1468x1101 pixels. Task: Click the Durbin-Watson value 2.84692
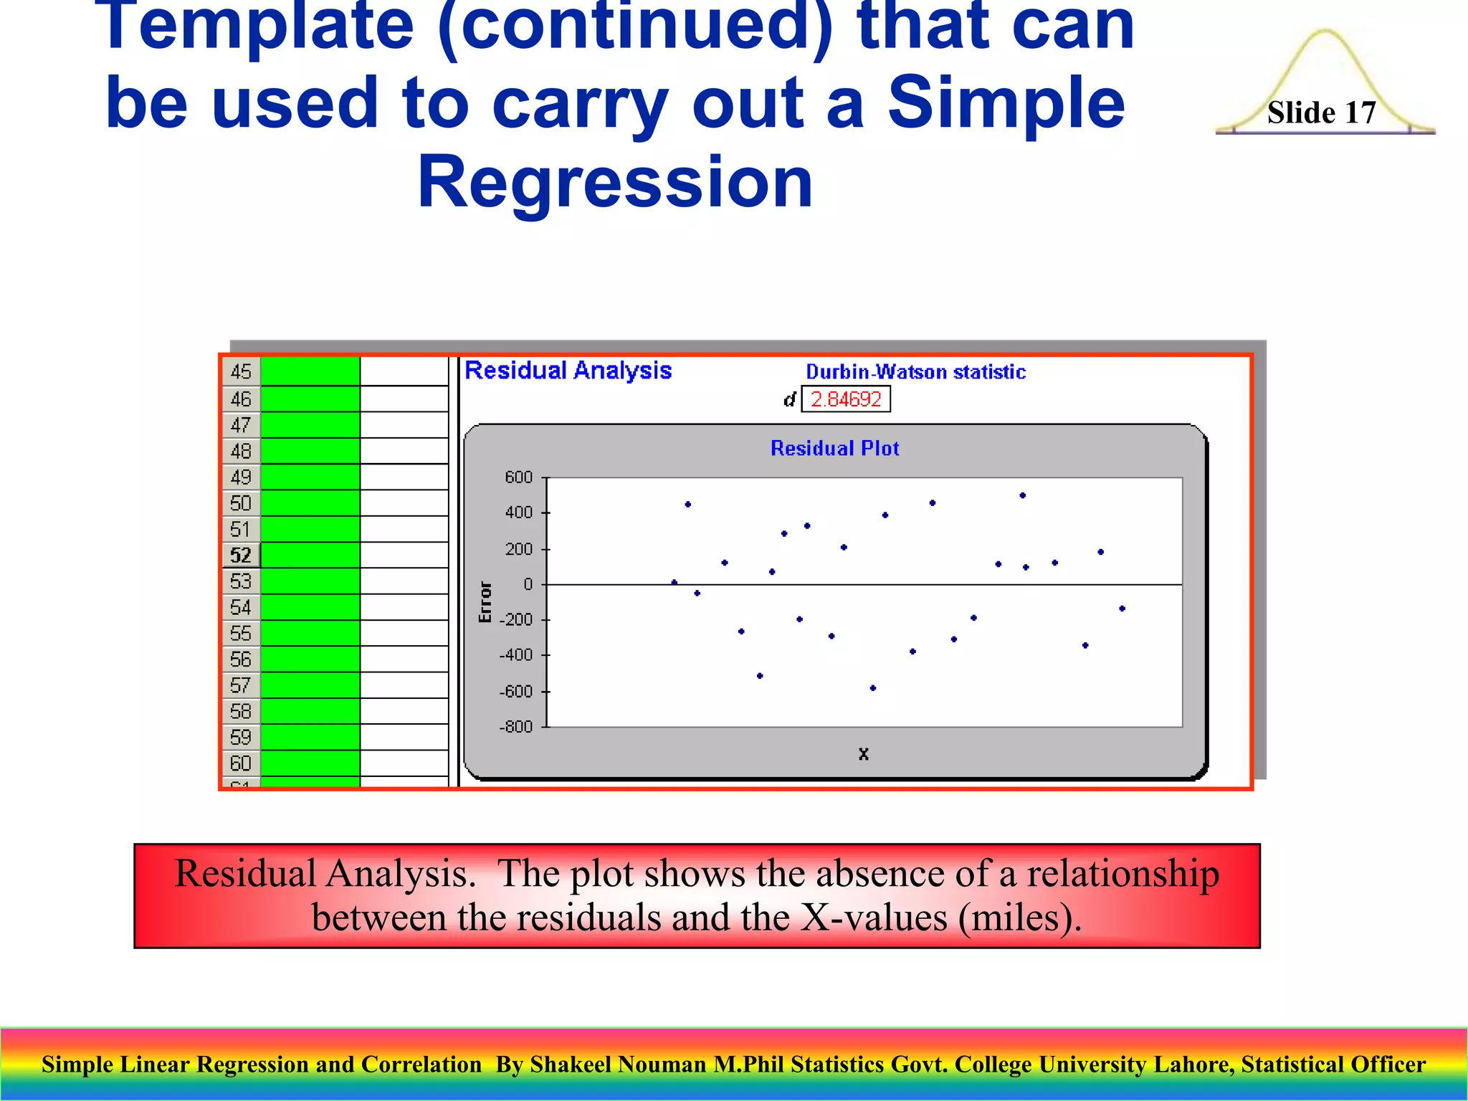[x=846, y=399]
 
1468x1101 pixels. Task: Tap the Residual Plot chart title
[x=834, y=449]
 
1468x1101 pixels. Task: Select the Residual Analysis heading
[x=568, y=371]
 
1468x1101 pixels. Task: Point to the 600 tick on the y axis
[x=518, y=477]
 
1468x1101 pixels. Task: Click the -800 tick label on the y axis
[x=516, y=727]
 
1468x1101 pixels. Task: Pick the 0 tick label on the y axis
[x=528, y=584]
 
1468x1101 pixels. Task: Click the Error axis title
[x=485, y=602]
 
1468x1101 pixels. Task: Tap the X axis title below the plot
[x=863, y=754]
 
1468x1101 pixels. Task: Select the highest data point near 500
[x=1022, y=495]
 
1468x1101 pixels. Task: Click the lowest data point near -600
[x=872, y=688]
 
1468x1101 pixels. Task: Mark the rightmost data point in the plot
[x=1122, y=609]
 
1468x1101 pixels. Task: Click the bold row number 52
[x=240, y=556]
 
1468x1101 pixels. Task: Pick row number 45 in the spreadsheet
[x=240, y=371]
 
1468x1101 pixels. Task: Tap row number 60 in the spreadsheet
[x=240, y=763]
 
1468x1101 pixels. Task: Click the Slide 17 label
[x=1321, y=113]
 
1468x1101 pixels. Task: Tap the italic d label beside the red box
[x=789, y=399]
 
